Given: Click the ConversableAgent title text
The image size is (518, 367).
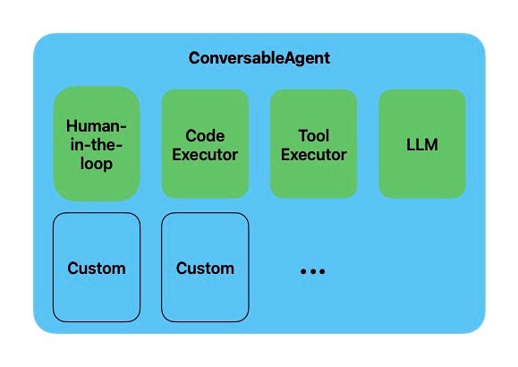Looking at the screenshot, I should point(259,58).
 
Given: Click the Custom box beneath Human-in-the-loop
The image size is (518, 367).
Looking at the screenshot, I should point(97,267).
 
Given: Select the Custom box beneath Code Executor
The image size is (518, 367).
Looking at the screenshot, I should point(205,267).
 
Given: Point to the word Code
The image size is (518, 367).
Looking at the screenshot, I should point(205,136).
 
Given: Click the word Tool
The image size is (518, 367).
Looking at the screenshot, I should point(314,136).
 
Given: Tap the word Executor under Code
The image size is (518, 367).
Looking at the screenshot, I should point(205,154).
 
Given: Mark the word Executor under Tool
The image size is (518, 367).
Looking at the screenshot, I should point(314,154).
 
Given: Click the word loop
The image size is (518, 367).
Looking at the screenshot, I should point(97,164).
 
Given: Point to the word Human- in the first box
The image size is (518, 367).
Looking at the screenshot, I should point(97,126).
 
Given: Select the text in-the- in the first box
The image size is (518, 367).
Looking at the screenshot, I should point(97,145).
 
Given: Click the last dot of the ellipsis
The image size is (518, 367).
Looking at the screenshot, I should point(322,270).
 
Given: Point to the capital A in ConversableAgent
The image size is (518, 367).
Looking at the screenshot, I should point(289,58).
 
